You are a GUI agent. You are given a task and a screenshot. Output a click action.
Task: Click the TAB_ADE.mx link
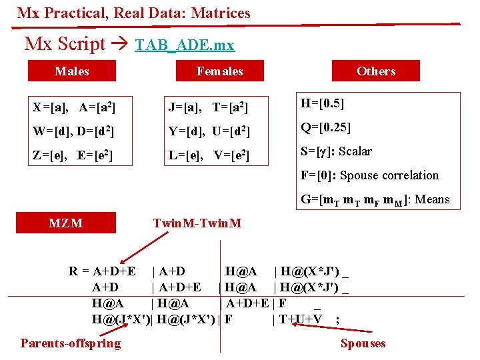click(185, 45)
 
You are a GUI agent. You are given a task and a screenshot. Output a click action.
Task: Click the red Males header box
click(71, 71)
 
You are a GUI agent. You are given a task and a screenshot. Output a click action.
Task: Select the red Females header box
click(219, 71)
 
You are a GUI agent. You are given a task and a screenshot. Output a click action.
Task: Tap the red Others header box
click(376, 71)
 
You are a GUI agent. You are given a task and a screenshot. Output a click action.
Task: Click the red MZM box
click(65, 223)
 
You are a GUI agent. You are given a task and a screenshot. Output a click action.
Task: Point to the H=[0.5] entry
click(323, 103)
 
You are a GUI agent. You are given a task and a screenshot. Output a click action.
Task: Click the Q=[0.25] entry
click(326, 127)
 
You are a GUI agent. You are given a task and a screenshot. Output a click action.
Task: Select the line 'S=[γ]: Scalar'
click(336, 151)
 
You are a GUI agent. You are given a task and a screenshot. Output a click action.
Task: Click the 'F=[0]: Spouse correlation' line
click(369, 175)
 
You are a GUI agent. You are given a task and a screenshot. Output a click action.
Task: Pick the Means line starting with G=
click(375, 199)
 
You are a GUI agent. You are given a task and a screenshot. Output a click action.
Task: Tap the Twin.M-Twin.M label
click(197, 223)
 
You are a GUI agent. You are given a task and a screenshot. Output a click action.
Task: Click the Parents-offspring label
click(71, 343)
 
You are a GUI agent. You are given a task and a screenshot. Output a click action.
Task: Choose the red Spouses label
click(363, 343)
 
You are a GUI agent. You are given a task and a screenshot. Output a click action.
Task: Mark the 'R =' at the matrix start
click(79, 271)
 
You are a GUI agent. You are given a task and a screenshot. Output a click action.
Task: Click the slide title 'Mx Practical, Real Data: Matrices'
click(134, 13)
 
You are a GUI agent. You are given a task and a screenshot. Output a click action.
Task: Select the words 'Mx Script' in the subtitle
click(65, 44)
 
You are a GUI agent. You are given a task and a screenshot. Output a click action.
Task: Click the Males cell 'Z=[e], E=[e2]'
click(72, 156)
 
